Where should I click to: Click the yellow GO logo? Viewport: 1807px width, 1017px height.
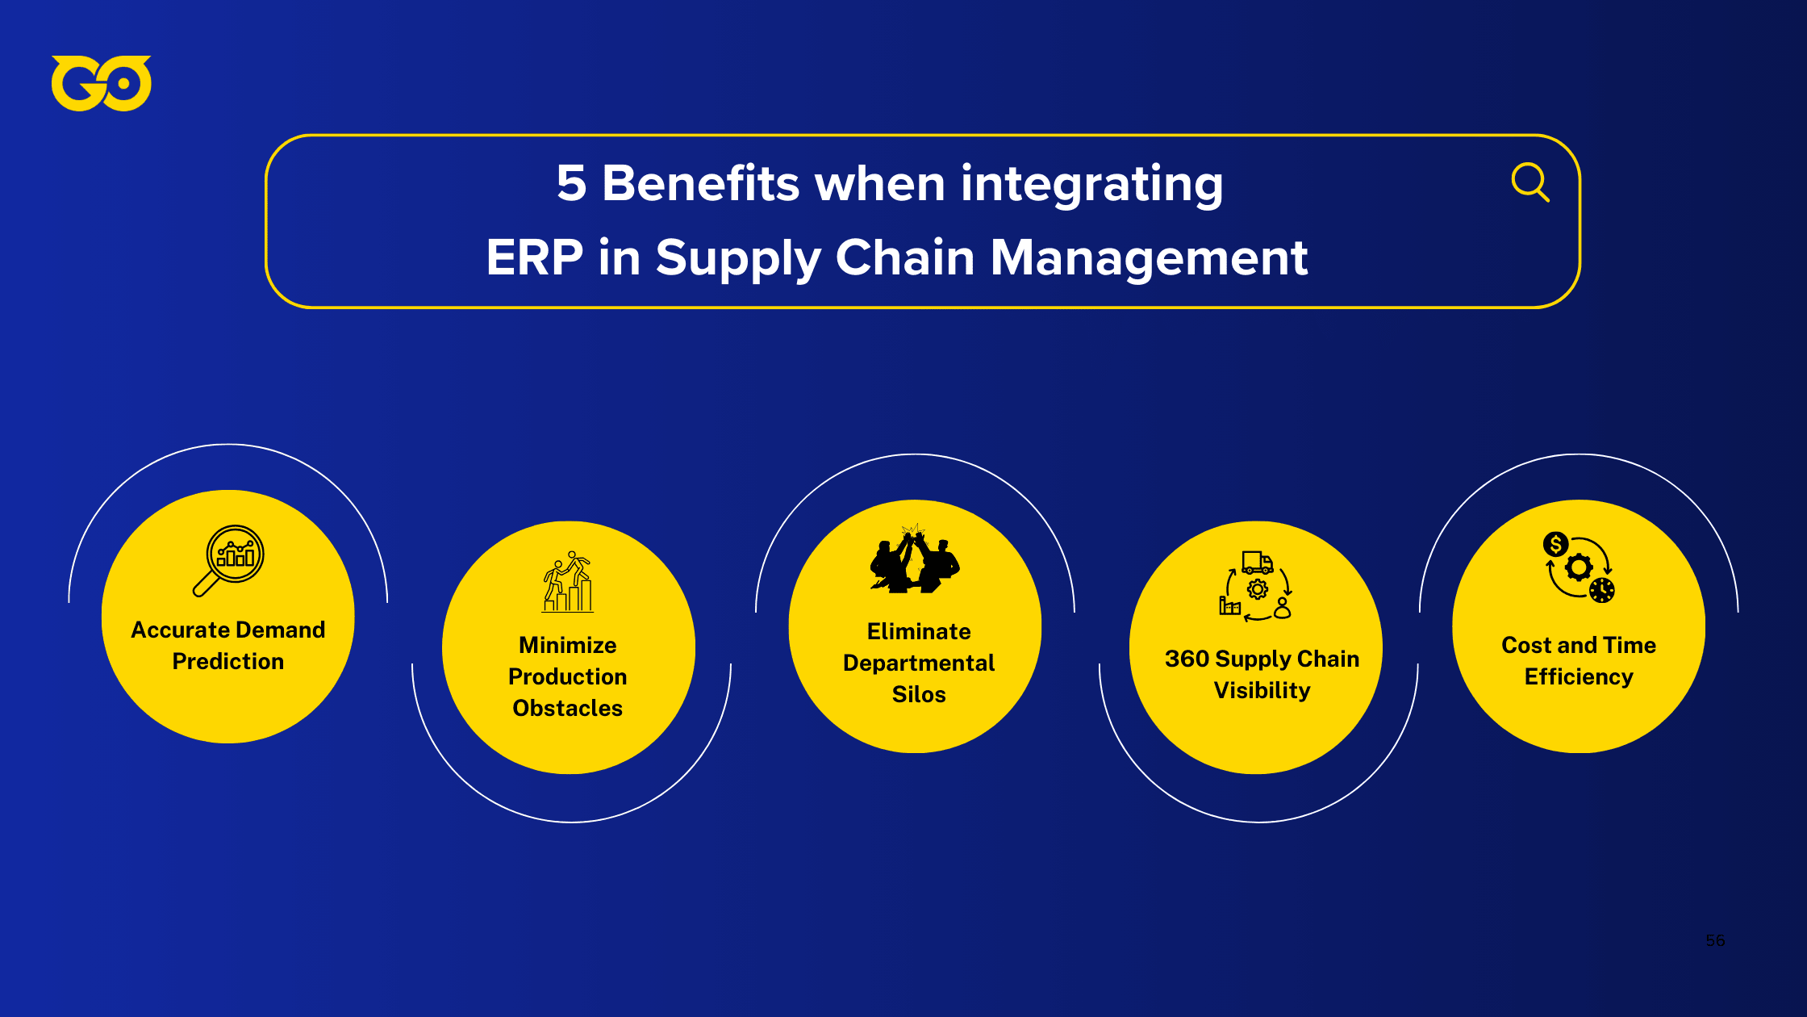tap(101, 83)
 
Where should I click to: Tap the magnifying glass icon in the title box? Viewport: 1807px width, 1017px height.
tap(1529, 182)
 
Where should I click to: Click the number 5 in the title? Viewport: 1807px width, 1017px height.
tap(571, 183)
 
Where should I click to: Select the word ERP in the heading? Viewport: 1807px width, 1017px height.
tap(534, 257)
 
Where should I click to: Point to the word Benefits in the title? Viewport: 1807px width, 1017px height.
tap(700, 183)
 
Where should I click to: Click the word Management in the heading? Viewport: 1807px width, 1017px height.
tap(1149, 257)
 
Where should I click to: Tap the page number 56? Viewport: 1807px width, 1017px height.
tap(1715, 940)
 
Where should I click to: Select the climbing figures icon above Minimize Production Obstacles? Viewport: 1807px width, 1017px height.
tap(568, 581)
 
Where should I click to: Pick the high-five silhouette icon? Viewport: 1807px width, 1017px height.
tap(915, 560)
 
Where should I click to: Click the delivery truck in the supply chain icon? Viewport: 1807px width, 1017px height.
tap(1257, 562)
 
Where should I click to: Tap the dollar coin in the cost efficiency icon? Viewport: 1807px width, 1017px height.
tap(1555, 544)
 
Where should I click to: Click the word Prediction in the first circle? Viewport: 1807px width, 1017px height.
tap(228, 661)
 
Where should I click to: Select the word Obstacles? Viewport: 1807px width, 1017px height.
tap(568, 708)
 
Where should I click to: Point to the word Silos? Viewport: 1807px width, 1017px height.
tap(919, 694)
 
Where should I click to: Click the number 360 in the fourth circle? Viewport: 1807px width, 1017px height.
tap(1187, 659)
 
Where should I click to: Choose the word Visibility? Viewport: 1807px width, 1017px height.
tap(1262, 690)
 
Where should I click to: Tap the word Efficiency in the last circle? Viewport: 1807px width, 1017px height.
tap(1579, 676)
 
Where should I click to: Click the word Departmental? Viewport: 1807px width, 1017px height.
tap(919, 663)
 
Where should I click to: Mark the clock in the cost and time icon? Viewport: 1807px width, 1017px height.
tap(1602, 590)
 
